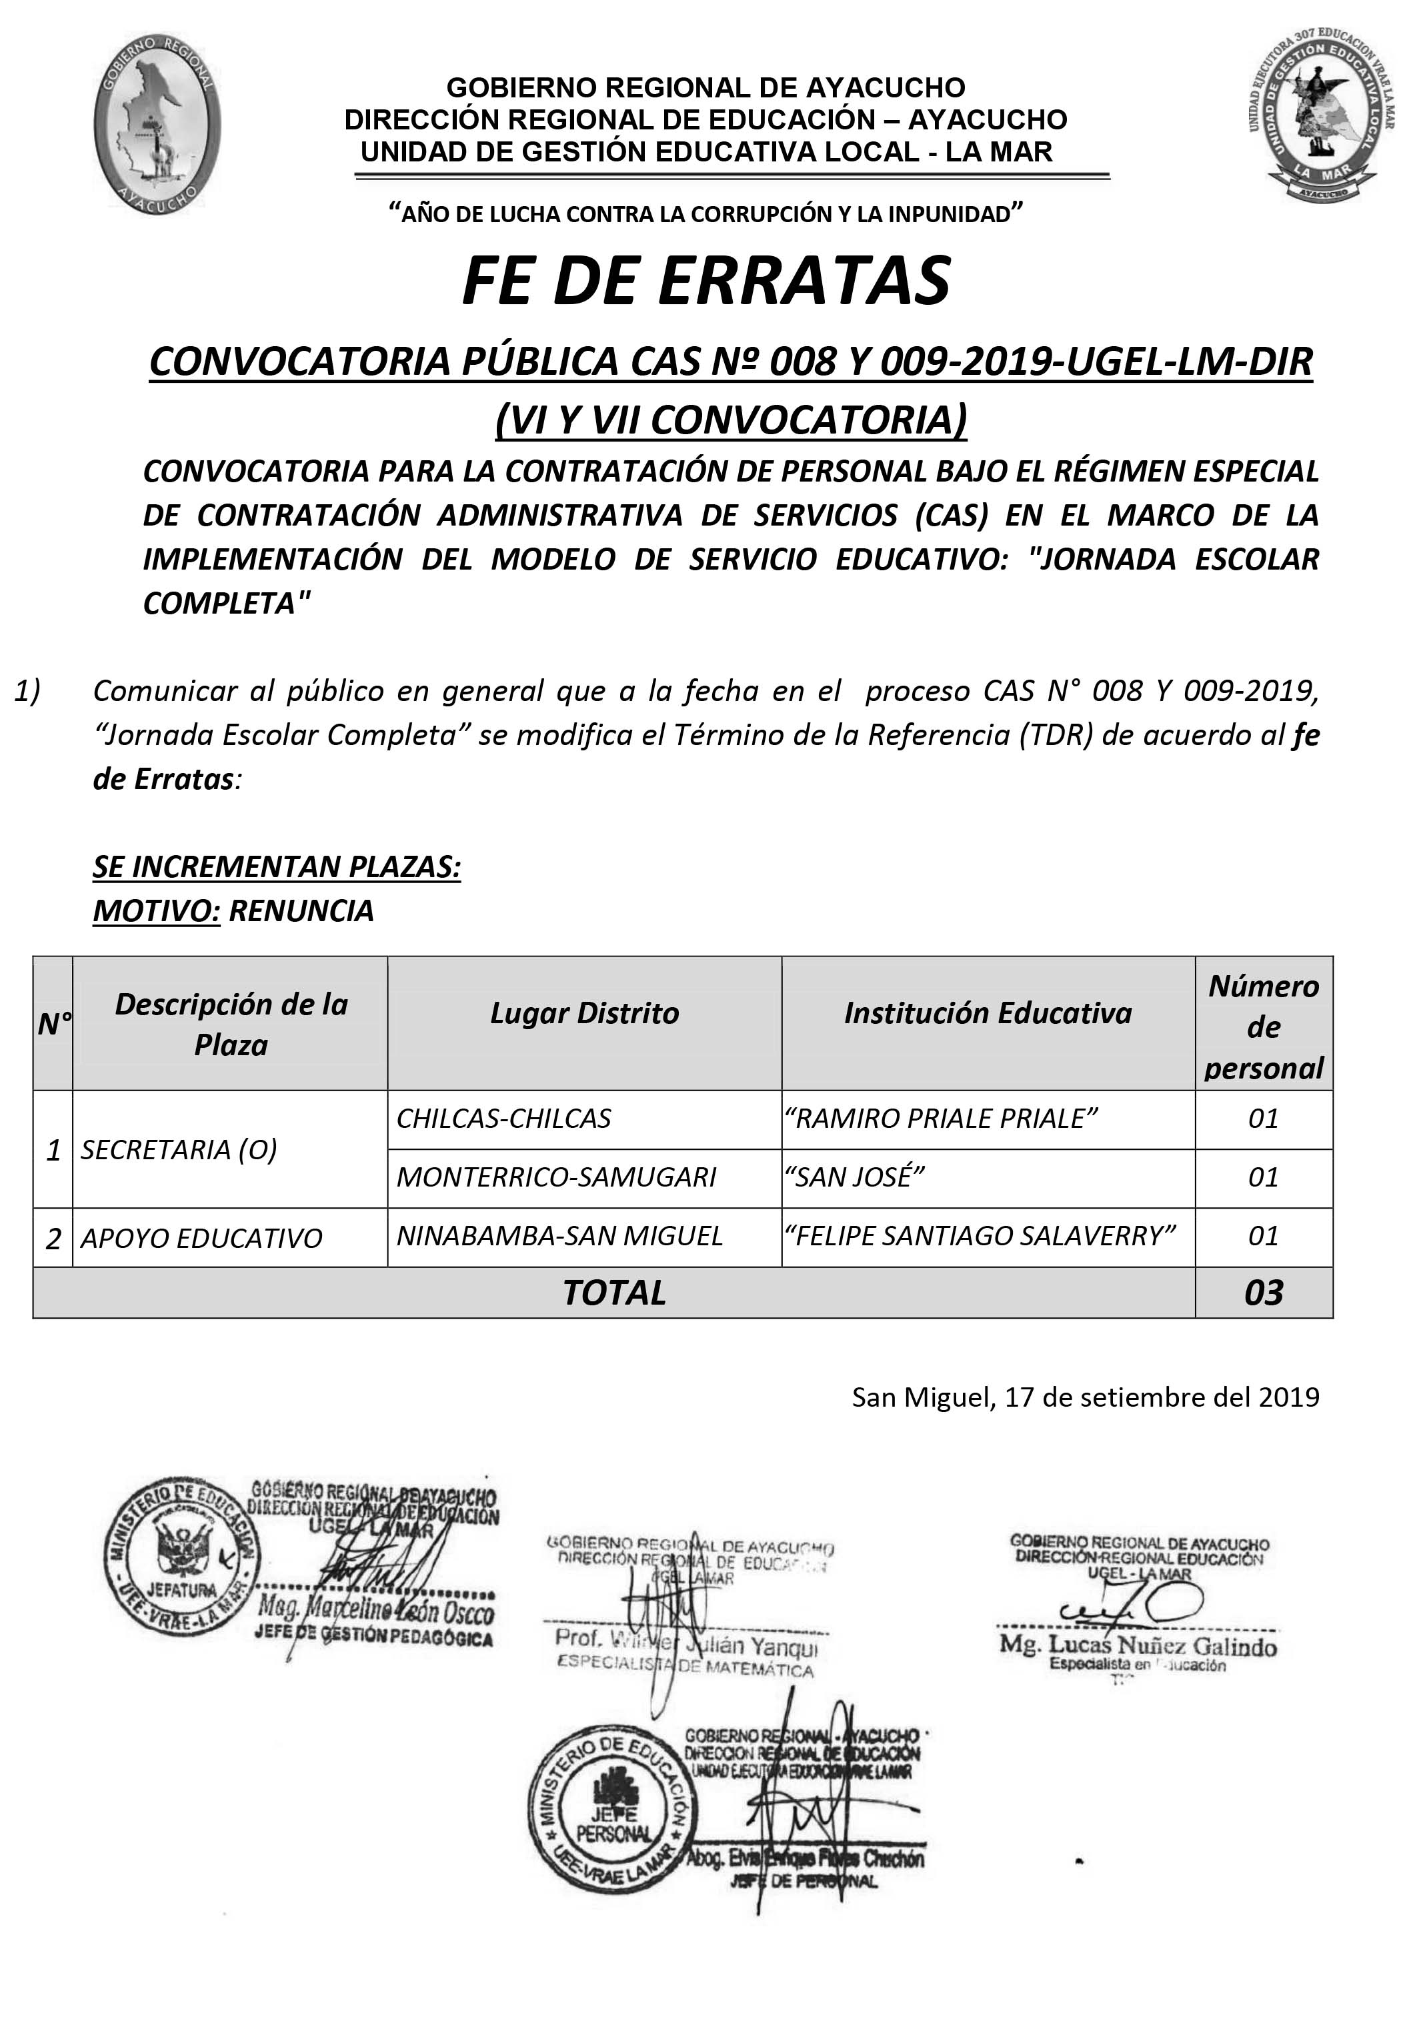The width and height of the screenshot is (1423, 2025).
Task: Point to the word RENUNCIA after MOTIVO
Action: click(301, 910)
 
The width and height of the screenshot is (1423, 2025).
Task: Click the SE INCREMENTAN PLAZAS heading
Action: click(277, 867)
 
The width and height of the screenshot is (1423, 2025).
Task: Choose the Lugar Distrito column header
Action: click(585, 1013)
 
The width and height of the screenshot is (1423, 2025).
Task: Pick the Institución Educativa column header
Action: click(988, 1013)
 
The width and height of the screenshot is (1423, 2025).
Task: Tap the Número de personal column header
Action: click(1264, 1027)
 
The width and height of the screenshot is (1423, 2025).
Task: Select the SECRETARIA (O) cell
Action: click(179, 1149)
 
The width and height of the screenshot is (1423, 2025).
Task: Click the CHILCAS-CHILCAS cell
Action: click(503, 1119)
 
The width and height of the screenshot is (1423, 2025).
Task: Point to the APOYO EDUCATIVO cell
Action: click(202, 1239)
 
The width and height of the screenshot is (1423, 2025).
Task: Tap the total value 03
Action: click(1264, 1293)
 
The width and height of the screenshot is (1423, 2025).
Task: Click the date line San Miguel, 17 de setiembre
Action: click(1086, 1397)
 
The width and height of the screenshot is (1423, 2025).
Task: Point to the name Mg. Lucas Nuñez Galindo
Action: click(1138, 1645)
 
